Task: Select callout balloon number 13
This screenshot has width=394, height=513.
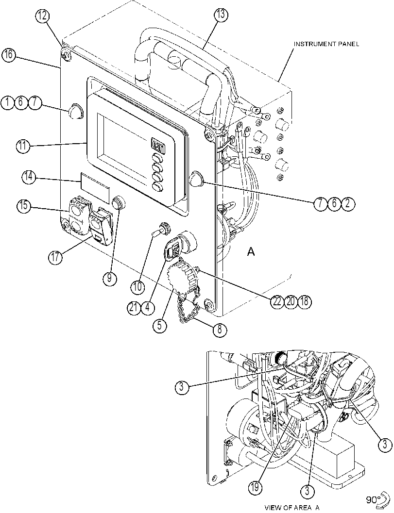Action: click(221, 15)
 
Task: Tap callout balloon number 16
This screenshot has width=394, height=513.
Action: click(9, 55)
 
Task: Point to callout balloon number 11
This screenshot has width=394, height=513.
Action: click(23, 146)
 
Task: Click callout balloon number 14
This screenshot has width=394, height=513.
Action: click(29, 177)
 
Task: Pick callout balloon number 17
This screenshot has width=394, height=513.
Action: click(56, 257)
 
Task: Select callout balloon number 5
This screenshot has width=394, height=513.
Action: click(159, 326)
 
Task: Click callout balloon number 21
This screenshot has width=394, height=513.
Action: click(134, 308)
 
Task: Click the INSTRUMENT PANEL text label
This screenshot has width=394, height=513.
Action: click(326, 44)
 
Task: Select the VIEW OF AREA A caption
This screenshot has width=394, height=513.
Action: click(292, 508)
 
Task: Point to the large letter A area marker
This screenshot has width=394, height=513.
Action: click(251, 251)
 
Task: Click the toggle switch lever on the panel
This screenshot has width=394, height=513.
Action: click(158, 233)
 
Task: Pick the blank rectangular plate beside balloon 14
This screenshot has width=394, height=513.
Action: click(95, 187)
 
